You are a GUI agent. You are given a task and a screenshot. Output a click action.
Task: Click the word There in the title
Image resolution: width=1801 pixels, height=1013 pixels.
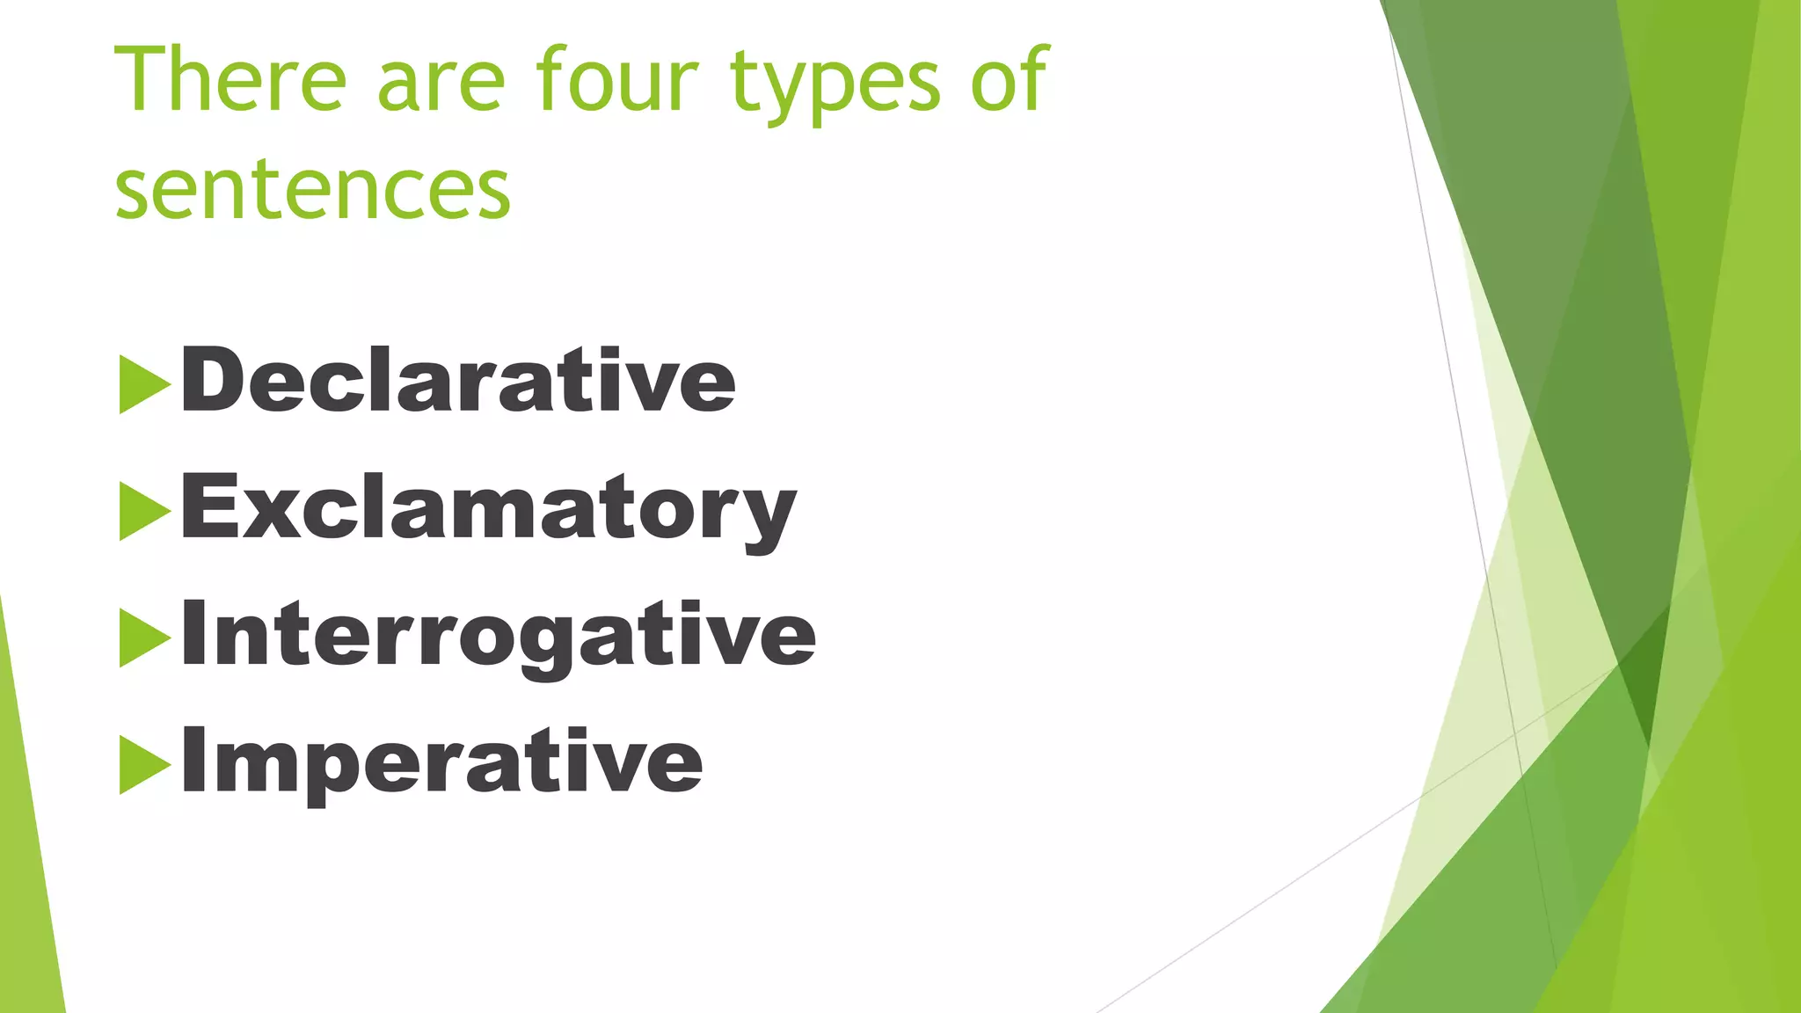(x=230, y=80)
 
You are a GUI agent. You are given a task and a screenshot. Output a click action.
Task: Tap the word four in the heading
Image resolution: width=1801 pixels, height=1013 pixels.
(x=617, y=80)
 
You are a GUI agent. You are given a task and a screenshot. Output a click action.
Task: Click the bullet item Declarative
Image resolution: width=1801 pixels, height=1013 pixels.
(x=457, y=380)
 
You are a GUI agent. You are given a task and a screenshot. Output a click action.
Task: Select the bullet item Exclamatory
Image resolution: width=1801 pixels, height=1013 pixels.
(x=488, y=508)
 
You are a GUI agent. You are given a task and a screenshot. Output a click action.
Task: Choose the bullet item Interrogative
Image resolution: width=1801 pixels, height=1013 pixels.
(x=498, y=635)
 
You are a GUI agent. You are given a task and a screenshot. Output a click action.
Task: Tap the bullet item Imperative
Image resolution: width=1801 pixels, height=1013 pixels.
(x=441, y=762)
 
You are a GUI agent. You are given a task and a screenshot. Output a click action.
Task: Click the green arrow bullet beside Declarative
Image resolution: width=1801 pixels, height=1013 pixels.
(x=143, y=384)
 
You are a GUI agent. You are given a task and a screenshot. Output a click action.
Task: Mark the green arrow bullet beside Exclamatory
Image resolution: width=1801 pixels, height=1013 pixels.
(x=143, y=512)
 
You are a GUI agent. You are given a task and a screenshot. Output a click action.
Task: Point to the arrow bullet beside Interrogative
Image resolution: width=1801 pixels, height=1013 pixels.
(x=143, y=638)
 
